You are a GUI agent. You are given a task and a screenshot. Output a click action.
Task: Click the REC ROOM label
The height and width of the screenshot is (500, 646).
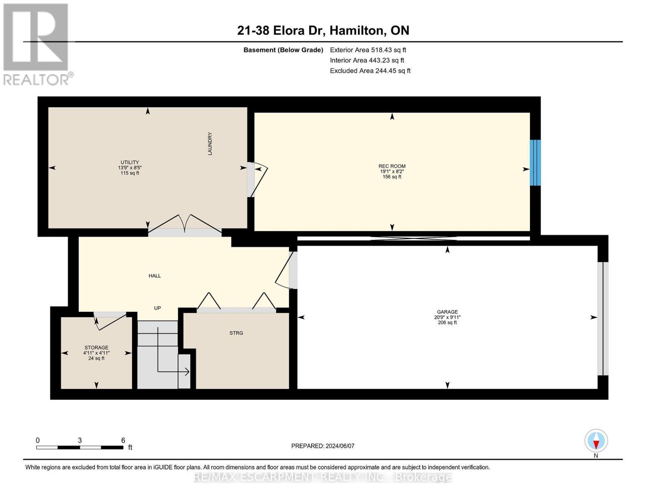click(392, 166)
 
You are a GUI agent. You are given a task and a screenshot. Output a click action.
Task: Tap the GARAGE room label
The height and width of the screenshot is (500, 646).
click(447, 312)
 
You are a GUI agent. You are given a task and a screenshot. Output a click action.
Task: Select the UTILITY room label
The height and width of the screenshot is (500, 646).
click(130, 162)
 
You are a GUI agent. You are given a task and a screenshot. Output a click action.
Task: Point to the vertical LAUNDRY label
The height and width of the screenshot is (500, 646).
click(210, 143)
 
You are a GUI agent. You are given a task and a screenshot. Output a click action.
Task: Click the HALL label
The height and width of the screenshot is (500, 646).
click(155, 276)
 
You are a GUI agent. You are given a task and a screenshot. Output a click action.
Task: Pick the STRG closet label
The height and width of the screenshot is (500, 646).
click(236, 333)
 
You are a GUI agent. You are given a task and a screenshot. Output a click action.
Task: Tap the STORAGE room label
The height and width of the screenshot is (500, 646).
click(97, 347)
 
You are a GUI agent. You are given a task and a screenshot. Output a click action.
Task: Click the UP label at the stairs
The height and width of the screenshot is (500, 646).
click(157, 308)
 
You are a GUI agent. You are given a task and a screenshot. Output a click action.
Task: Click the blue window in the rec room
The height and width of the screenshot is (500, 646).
click(535, 162)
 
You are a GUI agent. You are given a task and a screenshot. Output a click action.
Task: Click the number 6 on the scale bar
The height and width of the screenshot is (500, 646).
click(123, 440)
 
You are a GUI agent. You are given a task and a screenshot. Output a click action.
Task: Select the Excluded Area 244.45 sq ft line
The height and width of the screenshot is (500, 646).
click(370, 71)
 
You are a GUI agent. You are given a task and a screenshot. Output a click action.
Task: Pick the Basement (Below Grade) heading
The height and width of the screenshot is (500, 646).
click(283, 50)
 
